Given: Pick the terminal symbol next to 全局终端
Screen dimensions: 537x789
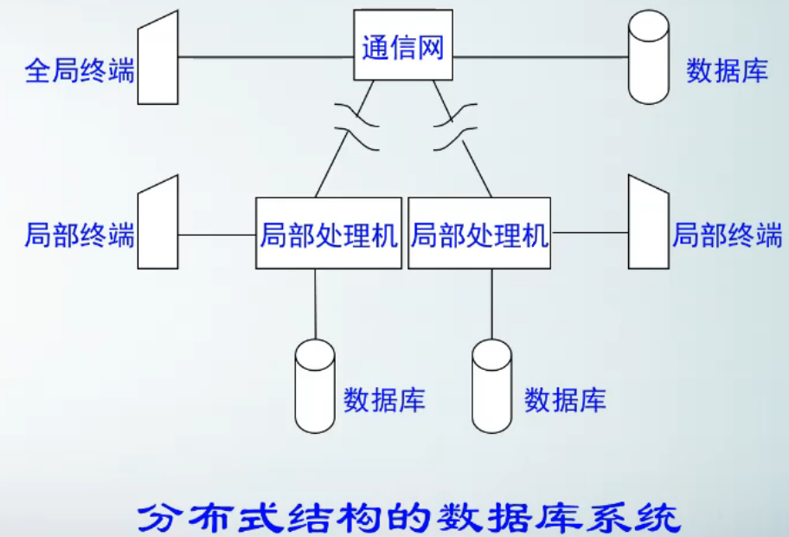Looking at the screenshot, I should (158, 58).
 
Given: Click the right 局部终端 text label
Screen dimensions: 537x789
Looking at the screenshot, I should (728, 234).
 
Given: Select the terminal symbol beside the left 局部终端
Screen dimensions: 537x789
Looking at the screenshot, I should (158, 223).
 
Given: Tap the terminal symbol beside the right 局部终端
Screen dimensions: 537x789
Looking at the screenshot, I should (648, 223).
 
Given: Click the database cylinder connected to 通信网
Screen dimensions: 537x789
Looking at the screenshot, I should (648, 57).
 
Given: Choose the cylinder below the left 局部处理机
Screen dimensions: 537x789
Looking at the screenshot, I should (315, 385).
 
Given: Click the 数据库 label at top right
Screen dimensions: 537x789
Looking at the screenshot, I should (728, 70).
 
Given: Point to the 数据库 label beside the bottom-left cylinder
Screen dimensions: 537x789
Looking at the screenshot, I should (384, 399).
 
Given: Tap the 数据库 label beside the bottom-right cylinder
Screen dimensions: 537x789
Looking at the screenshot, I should (565, 399).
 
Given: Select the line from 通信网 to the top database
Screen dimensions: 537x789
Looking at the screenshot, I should (540, 57).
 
